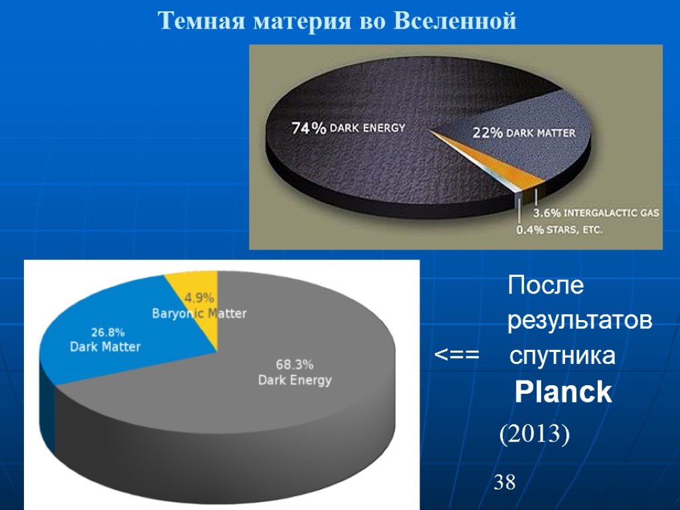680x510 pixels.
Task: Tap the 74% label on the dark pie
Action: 309,128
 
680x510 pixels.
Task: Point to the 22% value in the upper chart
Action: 487,133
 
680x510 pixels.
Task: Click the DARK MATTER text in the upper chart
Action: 541,133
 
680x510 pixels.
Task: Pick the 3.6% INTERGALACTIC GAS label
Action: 596,213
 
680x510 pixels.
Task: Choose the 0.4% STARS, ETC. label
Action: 559,230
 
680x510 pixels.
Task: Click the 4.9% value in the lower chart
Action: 199,297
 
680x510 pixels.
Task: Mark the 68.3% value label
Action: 294,365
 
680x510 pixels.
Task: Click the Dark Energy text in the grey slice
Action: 294,381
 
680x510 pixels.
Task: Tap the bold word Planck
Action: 563,393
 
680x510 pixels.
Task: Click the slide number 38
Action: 505,483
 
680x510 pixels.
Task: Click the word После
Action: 545,286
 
